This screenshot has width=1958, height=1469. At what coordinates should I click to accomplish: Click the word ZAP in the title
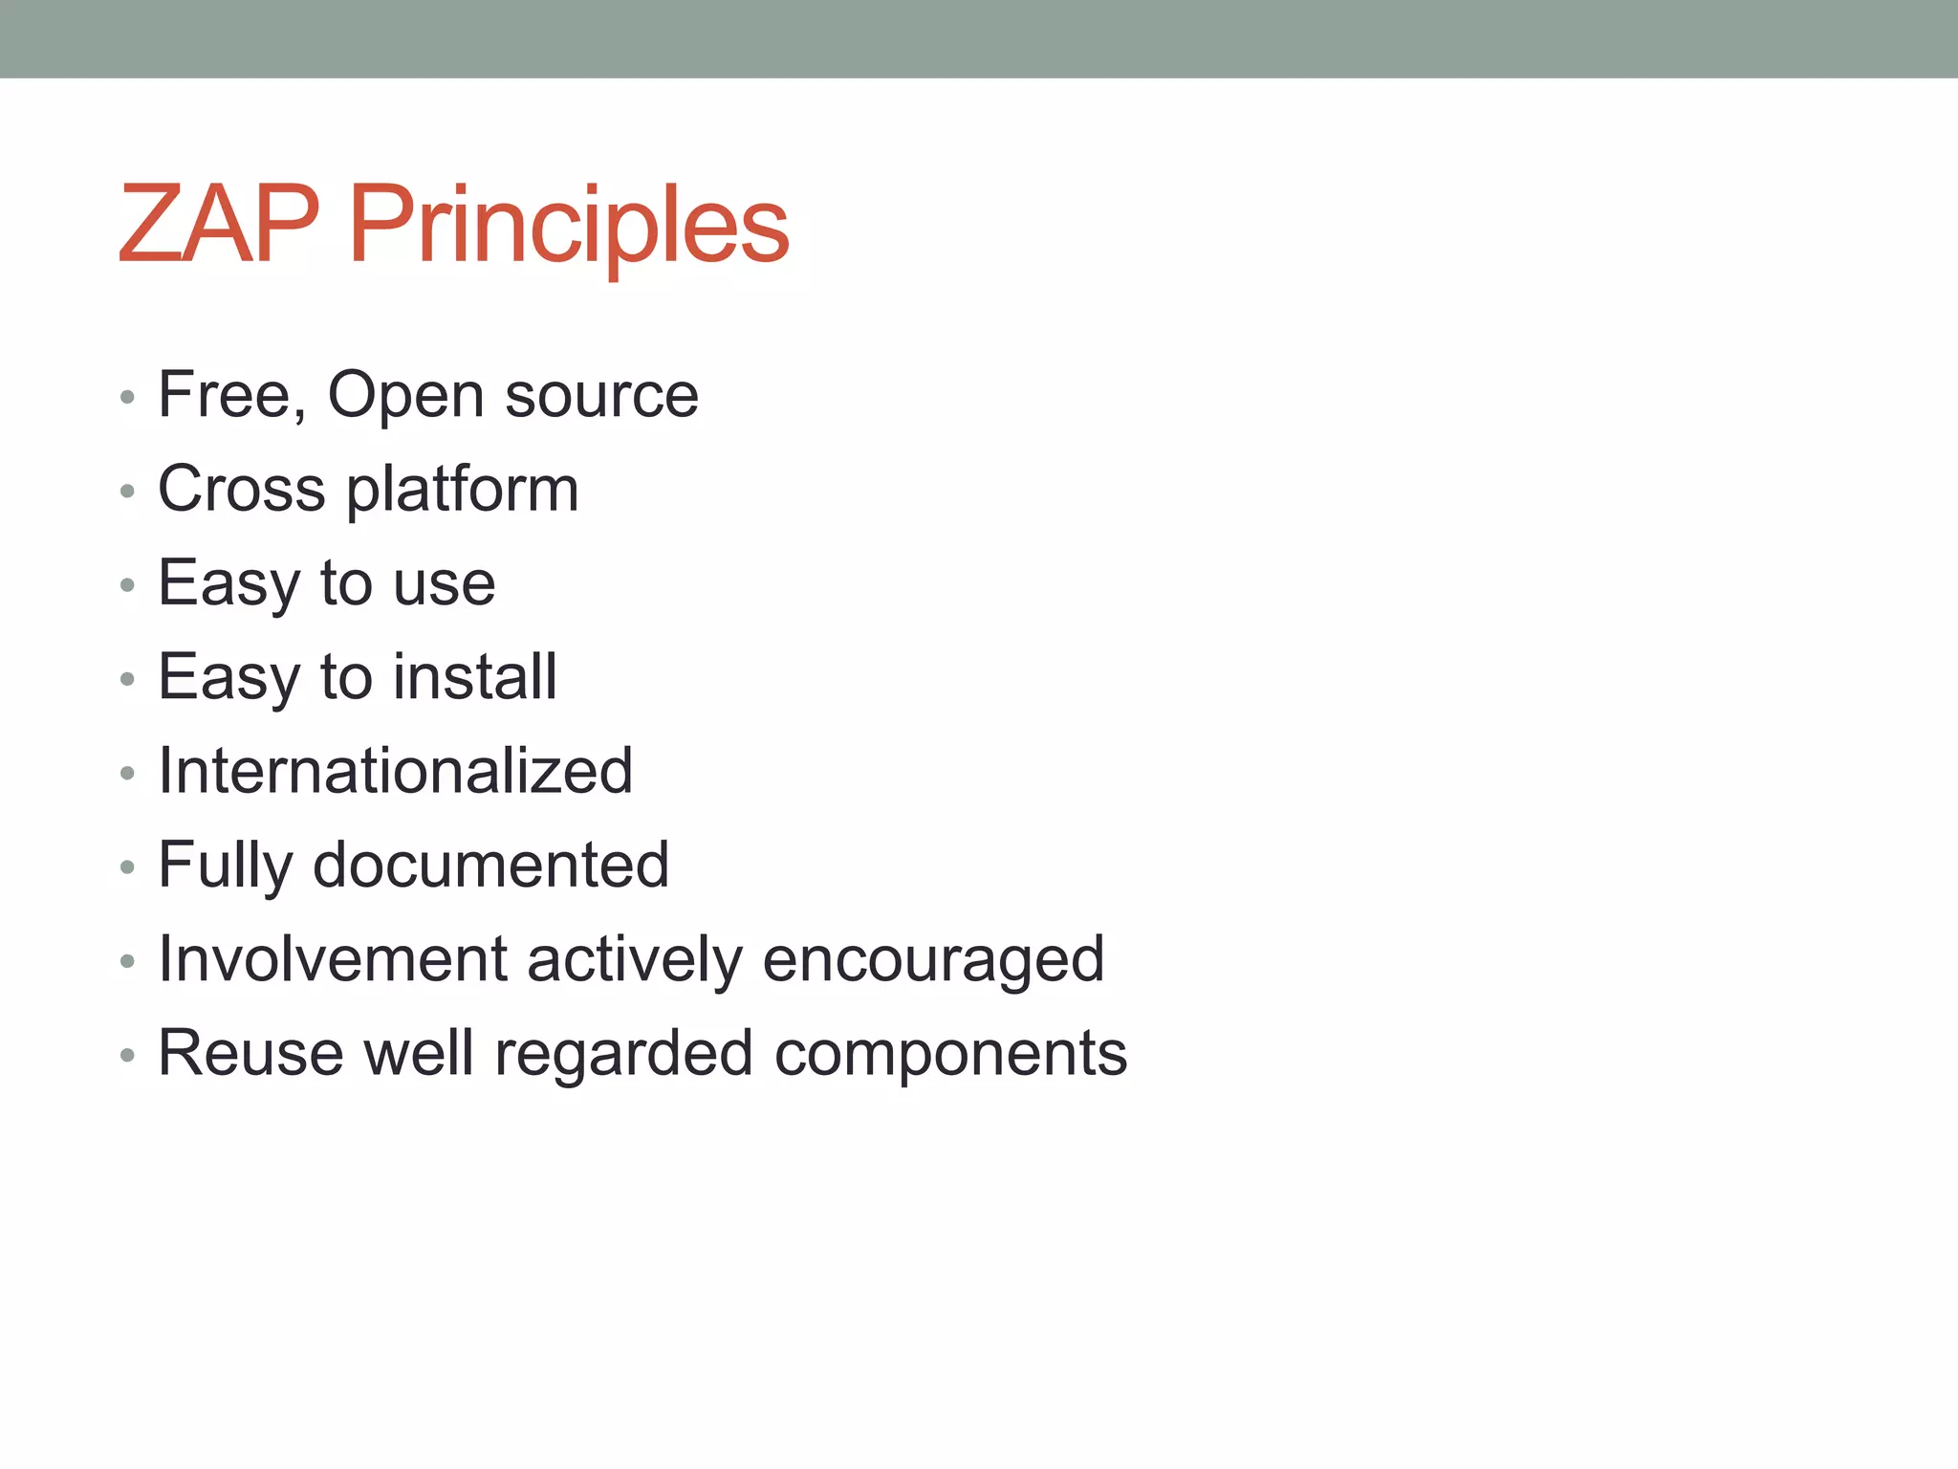point(218,225)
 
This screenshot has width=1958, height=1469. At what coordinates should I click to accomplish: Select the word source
point(601,396)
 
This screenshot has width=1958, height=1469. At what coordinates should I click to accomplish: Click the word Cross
point(241,489)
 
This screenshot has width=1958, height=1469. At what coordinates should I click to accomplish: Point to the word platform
point(463,491)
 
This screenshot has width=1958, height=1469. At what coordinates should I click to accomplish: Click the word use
point(445,583)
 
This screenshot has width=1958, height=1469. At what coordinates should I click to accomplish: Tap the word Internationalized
point(395,771)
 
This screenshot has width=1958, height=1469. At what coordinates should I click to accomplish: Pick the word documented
point(490,865)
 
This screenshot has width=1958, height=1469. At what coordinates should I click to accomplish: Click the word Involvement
point(332,958)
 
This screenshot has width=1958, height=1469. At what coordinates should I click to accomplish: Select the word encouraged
point(933,960)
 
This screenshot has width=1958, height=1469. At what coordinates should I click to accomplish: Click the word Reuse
point(250,1053)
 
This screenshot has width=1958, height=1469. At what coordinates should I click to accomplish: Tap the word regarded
point(623,1055)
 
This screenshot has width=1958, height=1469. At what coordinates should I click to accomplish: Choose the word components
point(950,1055)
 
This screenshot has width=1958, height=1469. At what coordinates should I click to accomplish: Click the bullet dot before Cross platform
point(127,492)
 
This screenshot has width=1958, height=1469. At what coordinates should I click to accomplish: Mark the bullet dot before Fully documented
point(127,867)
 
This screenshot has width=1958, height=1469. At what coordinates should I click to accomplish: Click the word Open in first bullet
point(405,396)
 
